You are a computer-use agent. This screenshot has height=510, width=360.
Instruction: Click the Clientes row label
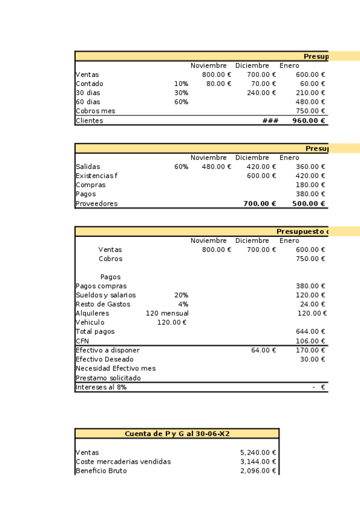[x=90, y=121]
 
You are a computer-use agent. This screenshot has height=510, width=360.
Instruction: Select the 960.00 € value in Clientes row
[x=309, y=121]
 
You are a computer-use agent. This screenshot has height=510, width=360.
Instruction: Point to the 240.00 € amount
[x=261, y=93]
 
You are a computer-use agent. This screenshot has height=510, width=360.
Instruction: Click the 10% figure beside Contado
[x=181, y=84]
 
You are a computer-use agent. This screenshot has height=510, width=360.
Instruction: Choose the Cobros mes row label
[x=96, y=111]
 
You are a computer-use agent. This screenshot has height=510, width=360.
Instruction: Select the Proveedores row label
[x=97, y=204]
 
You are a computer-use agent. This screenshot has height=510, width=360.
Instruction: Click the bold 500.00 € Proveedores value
[x=309, y=204]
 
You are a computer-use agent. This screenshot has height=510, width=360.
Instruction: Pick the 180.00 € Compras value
[x=311, y=185]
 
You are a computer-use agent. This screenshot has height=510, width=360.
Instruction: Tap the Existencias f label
[x=97, y=176]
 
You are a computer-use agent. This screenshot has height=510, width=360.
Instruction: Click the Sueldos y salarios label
[x=106, y=295]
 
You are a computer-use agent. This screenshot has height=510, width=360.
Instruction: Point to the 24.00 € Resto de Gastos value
[x=313, y=304]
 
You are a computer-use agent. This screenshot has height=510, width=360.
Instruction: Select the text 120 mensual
[x=167, y=313]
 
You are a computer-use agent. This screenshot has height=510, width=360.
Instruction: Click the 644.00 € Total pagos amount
[x=311, y=332]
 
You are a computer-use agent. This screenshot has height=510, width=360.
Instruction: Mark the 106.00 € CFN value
[x=311, y=341]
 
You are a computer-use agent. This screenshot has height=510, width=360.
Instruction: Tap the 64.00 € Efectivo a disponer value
[x=264, y=350]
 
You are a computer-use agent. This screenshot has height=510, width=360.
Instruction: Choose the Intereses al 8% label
[x=101, y=387]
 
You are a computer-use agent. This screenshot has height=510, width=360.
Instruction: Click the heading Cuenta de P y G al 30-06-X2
[x=177, y=434]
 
